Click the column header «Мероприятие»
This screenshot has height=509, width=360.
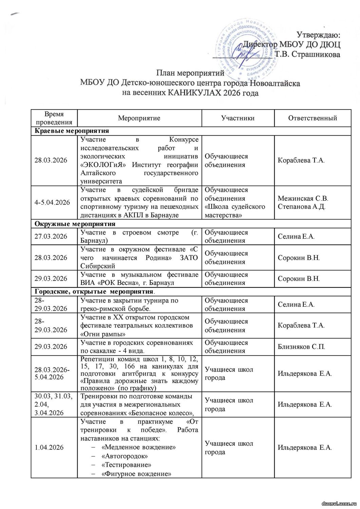pyautogui.click(x=139, y=118)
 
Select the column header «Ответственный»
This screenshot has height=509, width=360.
pyautogui.click(x=312, y=118)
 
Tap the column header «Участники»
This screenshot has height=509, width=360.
pyautogui.click(x=238, y=118)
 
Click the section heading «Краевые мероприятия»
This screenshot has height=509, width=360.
pyautogui.click(x=72, y=131)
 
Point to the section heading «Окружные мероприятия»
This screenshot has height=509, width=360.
pyautogui.click(x=75, y=224)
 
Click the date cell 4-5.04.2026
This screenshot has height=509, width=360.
pyautogui.click(x=52, y=203)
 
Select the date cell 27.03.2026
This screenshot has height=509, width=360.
pyautogui.click(x=51, y=237)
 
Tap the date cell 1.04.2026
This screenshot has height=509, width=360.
pyautogui.click(x=49, y=448)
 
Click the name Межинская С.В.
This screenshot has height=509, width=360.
pyautogui.click(x=303, y=199)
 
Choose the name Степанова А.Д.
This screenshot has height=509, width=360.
pyautogui.click(x=302, y=207)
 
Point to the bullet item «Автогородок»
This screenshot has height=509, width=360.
pyautogui.click(x=125, y=456)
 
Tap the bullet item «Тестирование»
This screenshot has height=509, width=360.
pyautogui.click(x=126, y=465)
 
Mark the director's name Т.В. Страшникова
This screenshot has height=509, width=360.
pyautogui.click(x=307, y=54)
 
